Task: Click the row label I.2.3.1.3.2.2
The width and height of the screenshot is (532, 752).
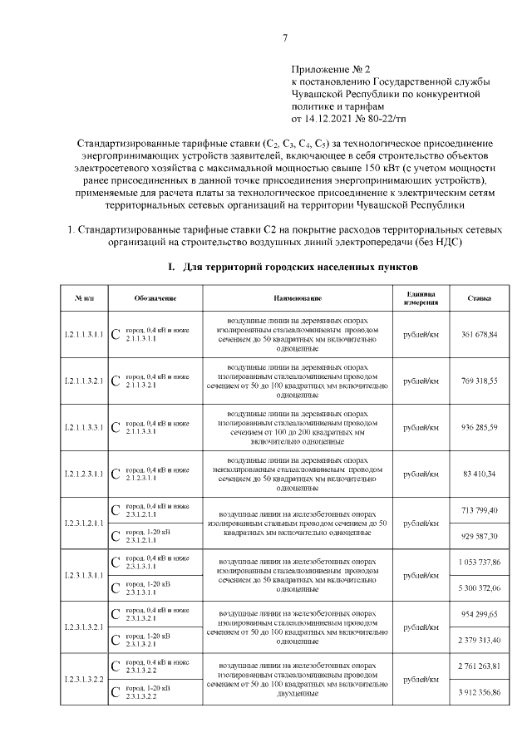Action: click(83, 680)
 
